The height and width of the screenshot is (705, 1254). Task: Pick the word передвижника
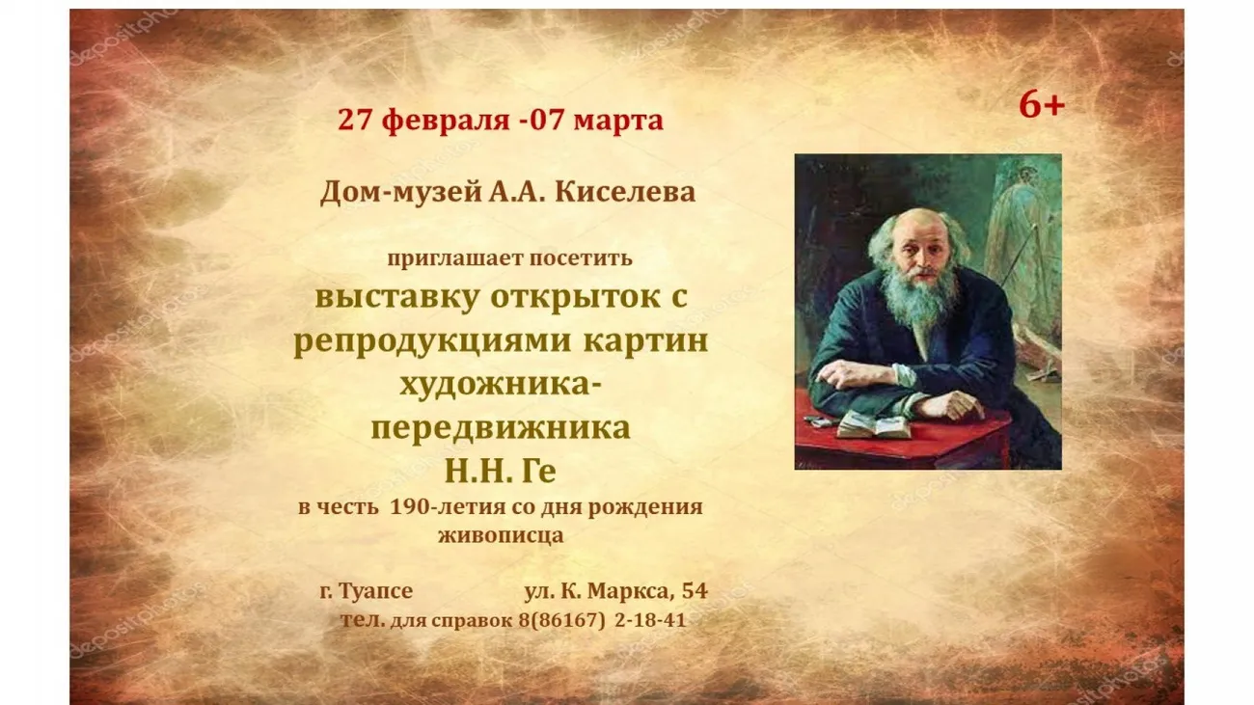[500, 428]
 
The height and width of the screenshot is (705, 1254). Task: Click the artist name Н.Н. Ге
[500, 472]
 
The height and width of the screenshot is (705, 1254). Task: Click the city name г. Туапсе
[366, 591]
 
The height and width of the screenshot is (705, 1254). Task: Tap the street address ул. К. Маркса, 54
[615, 591]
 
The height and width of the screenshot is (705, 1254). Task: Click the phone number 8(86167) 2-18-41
[602, 620]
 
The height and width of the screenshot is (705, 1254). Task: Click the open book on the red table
[874, 424]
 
